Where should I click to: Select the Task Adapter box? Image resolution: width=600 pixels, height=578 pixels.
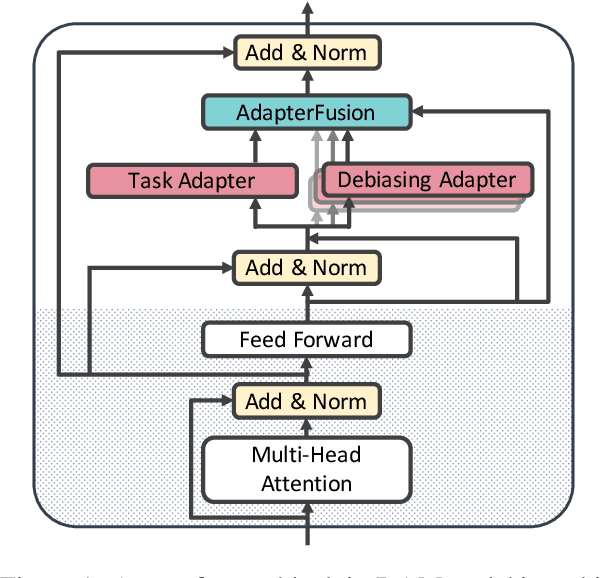point(192,181)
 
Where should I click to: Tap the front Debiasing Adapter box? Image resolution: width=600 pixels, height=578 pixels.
point(425,180)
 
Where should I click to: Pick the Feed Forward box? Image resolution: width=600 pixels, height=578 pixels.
point(307,339)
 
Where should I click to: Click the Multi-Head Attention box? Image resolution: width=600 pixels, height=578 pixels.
point(307,469)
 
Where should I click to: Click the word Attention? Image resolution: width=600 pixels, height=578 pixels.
point(307,484)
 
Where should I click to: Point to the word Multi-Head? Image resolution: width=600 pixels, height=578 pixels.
point(307,456)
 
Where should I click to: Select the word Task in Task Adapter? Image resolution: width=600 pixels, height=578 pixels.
point(149,181)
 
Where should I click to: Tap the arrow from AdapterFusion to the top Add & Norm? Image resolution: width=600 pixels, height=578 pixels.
point(307,81)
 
